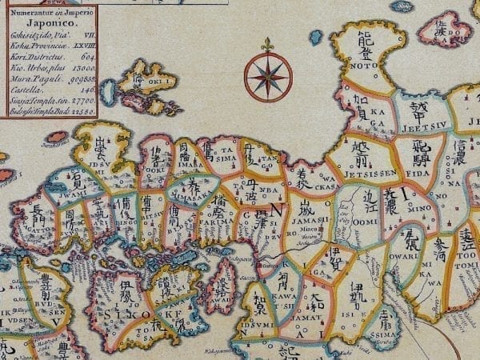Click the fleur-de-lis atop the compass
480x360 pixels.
point(268,45)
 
